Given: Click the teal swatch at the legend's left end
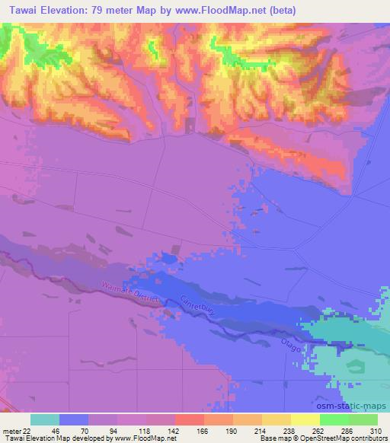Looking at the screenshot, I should (x=45, y=419).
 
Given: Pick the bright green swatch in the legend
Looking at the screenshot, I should (x=334, y=419).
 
